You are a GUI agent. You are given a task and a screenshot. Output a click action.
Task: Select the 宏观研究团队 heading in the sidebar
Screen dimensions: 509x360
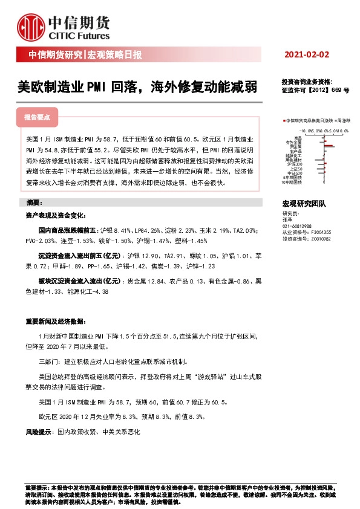(x=304, y=206)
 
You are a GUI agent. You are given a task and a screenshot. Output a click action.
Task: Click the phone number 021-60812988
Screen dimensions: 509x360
(x=297, y=226)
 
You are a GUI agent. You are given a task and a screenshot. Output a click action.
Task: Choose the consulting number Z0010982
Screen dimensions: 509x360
(x=323, y=239)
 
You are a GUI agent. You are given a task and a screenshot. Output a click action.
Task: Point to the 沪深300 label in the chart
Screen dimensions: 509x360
(x=295, y=164)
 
